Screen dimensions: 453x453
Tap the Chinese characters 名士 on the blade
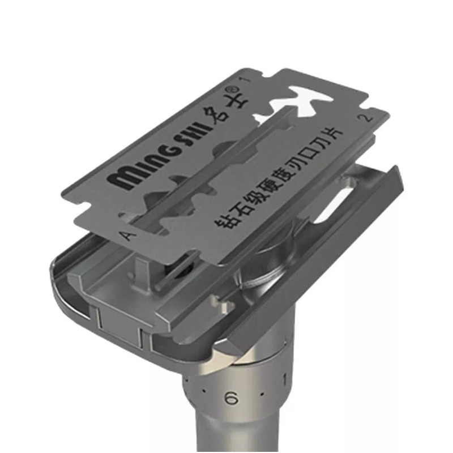pyautogui.click(x=228, y=108)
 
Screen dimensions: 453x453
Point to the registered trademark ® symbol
pyautogui.click(x=235, y=88)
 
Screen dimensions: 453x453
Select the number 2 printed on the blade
pyautogui.click(x=365, y=118)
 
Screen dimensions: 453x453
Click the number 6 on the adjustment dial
pyautogui.click(x=232, y=399)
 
